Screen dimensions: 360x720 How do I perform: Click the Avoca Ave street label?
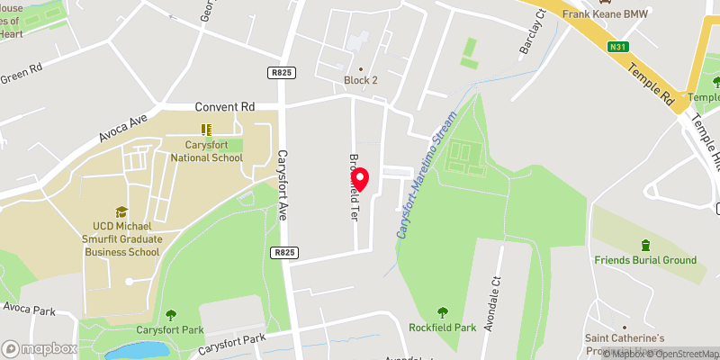click(x=121, y=131)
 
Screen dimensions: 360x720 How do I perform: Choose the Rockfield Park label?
click(x=442, y=328)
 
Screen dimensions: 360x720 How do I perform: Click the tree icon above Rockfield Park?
click(x=442, y=311)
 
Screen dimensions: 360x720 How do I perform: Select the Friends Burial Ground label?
click(x=645, y=260)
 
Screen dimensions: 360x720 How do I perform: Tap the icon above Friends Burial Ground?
click(x=645, y=245)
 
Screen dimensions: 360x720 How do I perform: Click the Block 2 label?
click(x=361, y=80)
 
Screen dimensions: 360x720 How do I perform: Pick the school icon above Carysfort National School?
click(x=206, y=130)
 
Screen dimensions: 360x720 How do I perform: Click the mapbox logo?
click(x=40, y=348)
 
